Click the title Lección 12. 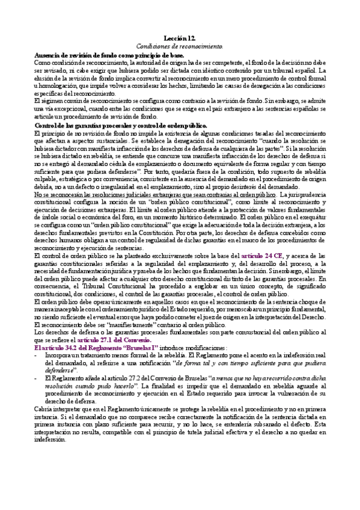tap(179, 37)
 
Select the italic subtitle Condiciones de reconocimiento tap(179, 45)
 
